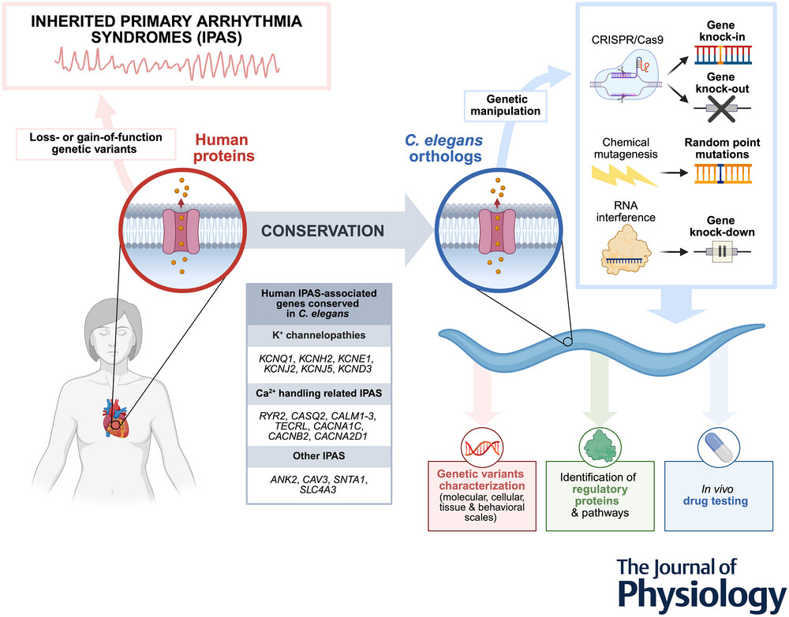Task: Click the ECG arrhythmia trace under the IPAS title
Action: click(174, 60)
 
